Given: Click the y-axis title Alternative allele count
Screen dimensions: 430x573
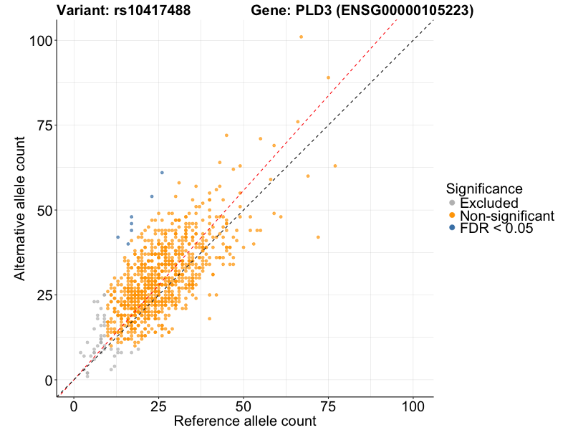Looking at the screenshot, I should point(20,211).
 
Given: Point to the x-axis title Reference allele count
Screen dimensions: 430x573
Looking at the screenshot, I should point(245,421).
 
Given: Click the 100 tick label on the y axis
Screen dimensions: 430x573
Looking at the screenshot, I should point(42,41).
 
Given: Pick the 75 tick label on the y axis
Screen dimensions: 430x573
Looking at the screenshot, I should point(45,125).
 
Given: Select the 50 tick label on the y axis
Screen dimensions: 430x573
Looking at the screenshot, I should point(45,210).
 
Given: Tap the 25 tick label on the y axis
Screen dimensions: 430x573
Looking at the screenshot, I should point(45,295).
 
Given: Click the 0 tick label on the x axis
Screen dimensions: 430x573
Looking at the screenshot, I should point(74,406).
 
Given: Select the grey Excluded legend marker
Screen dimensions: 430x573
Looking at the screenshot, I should point(451,204).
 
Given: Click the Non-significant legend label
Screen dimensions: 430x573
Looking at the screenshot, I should point(507,216).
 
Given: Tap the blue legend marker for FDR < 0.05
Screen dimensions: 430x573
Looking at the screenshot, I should point(451,228).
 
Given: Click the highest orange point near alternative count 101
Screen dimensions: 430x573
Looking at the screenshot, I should point(302,37).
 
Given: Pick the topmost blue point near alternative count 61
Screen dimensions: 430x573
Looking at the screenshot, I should point(162,173).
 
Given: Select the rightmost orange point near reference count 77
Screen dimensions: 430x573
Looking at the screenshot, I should point(335,166).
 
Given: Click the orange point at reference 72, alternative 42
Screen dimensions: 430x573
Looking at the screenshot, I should point(318,237).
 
